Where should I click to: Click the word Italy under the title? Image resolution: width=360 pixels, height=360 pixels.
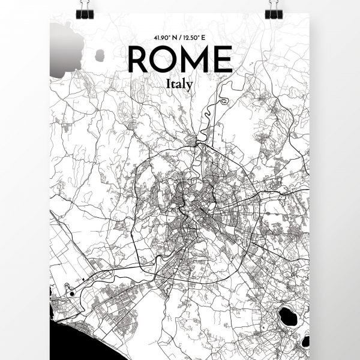click(x=180, y=85)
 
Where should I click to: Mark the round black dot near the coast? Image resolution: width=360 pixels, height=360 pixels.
click(x=72, y=294)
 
